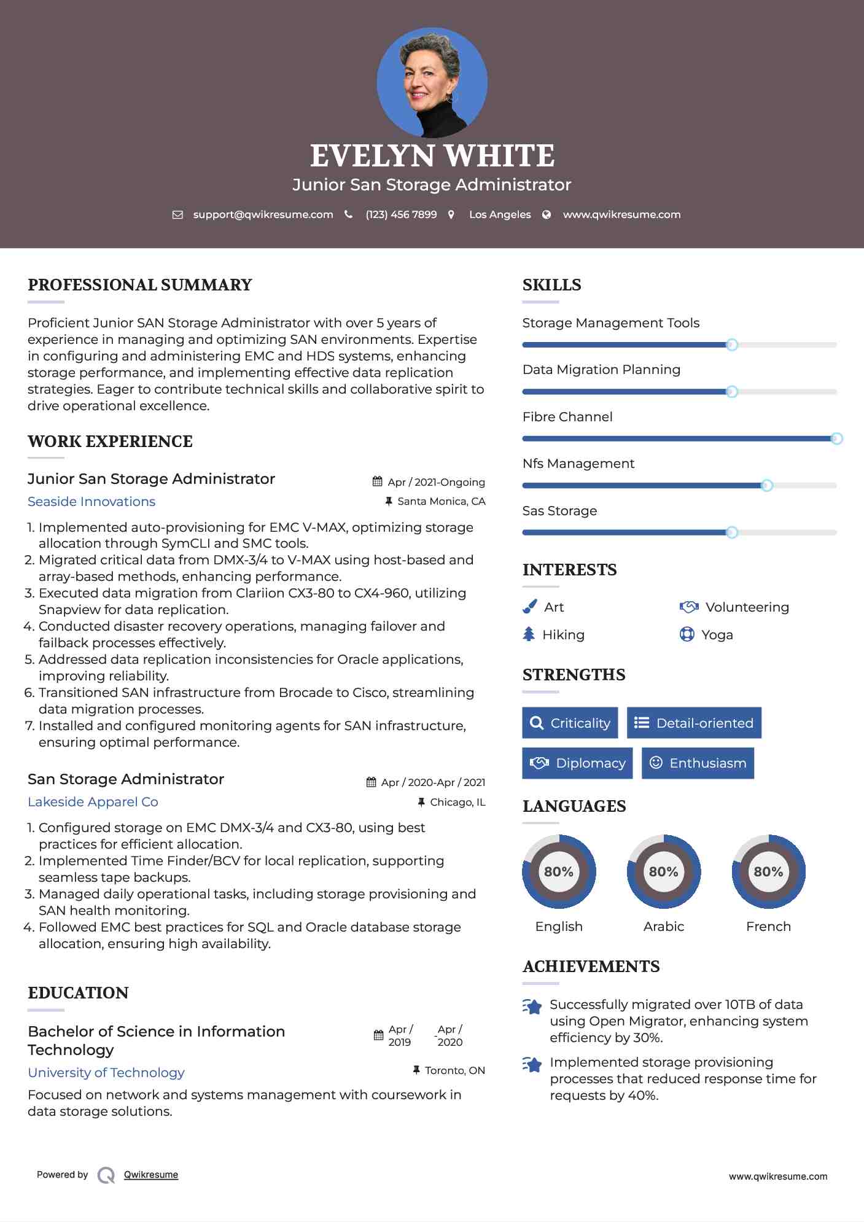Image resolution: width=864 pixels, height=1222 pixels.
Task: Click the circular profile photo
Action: [x=432, y=82]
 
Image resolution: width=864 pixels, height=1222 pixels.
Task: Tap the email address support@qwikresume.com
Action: [x=263, y=214]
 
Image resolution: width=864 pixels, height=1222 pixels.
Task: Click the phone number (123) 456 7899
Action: [x=401, y=214]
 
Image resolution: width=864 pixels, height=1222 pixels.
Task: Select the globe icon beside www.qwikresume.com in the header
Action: [x=547, y=214]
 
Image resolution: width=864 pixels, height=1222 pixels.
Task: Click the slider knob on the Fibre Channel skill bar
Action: [x=836, y=438]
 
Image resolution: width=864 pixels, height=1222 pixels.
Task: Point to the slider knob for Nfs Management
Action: [x=766, y=486]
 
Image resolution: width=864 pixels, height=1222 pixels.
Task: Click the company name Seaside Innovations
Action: [x=91, y=502]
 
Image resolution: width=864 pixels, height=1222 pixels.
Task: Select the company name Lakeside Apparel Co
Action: [x=93, y=802]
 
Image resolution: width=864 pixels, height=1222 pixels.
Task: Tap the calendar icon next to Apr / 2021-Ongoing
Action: [x=378, y=481]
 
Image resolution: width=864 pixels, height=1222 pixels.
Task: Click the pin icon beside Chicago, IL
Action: [x=421, y=802]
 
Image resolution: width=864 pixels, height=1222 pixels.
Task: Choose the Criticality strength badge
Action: [x=570, y=723]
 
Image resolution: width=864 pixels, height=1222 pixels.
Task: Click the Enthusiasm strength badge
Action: [x=698, y=763]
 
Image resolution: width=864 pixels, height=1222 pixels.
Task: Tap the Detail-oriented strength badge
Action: [x=694, y=723]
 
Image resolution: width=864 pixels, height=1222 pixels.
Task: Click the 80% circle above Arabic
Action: [x=663, y=871]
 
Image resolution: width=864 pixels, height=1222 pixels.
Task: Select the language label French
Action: [x=768, y=926]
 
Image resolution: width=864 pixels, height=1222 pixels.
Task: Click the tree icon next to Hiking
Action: [x=529, y=634]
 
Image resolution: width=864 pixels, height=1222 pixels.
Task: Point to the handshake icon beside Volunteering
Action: [x=689, y=607]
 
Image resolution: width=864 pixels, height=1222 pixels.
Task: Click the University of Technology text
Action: [x=106, y=1072]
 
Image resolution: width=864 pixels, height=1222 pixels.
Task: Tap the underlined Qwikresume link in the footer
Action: [x=151, y=1174]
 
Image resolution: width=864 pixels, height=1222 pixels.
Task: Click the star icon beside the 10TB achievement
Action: [x=532, y=1006]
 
